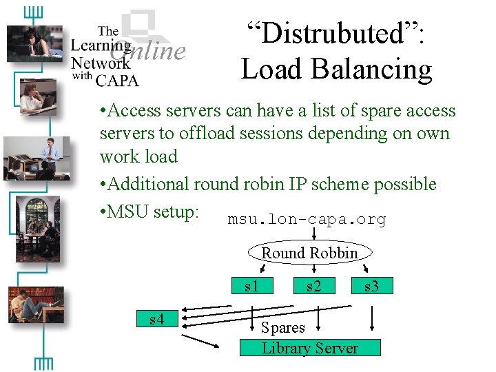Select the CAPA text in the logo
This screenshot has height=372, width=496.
[x=116, y=80]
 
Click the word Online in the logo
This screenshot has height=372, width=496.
[x=148, y=50]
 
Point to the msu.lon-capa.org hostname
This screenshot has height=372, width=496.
[x=307, y=219]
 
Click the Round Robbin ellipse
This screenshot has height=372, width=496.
[x=309, y=253]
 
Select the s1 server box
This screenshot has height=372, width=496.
[x=251, y=285]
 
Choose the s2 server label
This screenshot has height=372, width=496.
[x=313, y=285]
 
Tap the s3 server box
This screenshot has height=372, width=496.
[x=371, y=285]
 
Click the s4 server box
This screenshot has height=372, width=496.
[x=156, y=319]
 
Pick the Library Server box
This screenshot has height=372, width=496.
[x=309, y=348]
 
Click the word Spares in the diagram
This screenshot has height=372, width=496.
[x=282, y=328]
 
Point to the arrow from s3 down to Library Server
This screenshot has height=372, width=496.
[x=372, y=318]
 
